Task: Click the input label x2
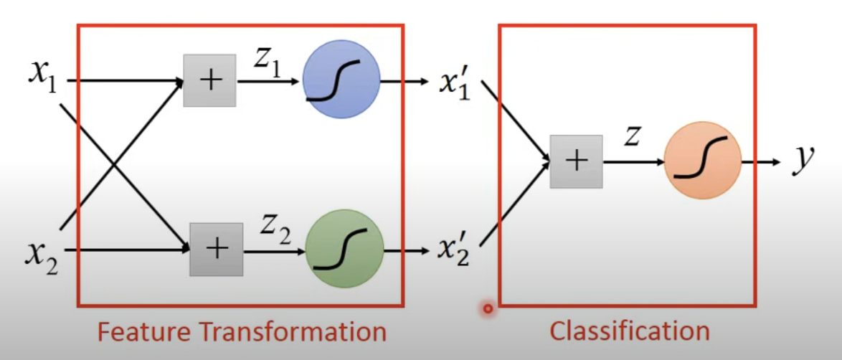tap(42, 252)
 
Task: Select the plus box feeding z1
tap(209, 80)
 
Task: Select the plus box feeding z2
tap(216, 249)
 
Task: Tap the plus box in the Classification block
tap(576, 161)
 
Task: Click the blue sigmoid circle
tap(341, 80)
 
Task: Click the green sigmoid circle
tap(344, 248)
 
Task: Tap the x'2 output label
tap(454, 250)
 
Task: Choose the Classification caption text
tap(629, 331)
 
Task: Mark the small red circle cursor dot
tap(488, 309)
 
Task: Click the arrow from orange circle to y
tap(760, 161)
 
